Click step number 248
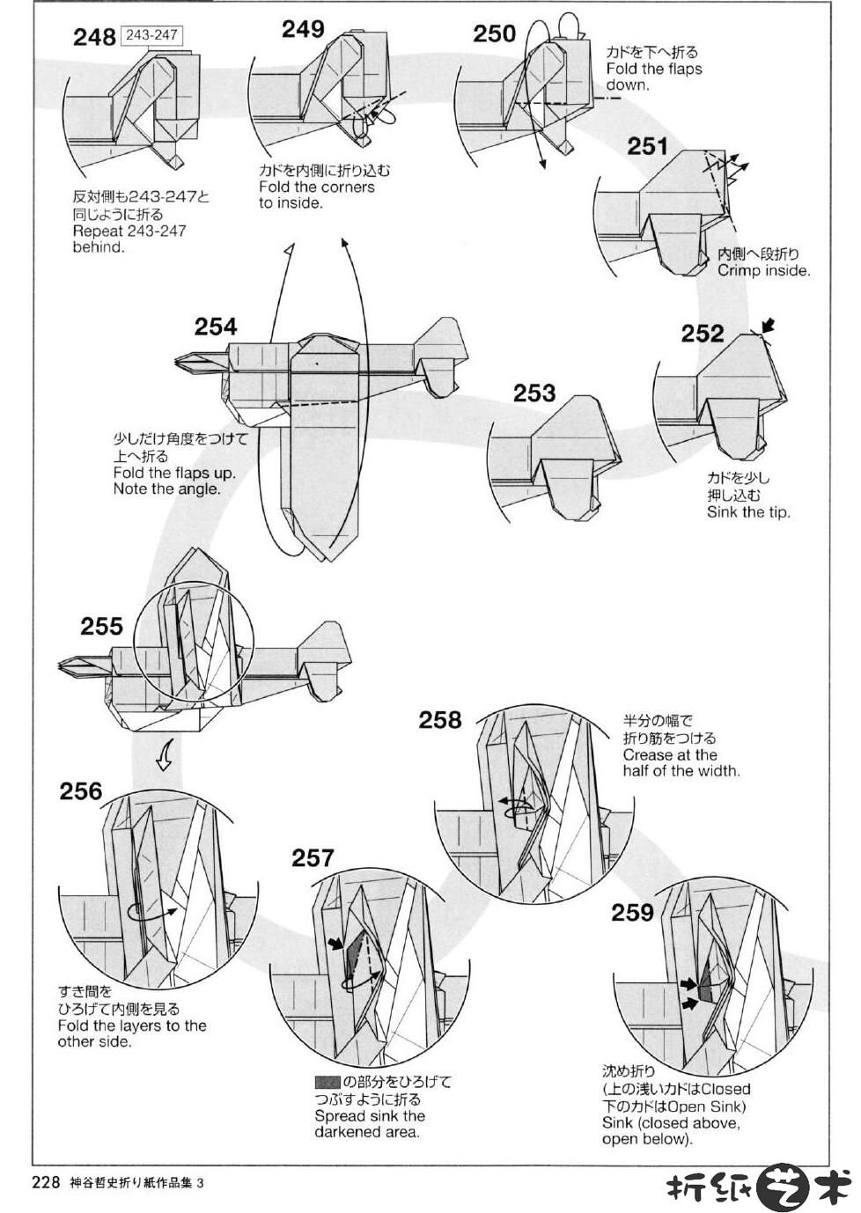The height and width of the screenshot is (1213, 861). pyautogui.click(x=94, y=37)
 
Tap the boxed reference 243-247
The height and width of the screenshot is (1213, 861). pyautogui.click(x=151, y=35)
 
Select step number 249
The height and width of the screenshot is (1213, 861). pyautogui.click(x=303, y=29)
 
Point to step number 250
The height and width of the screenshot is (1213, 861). pyautogui.click(x=494, y=33)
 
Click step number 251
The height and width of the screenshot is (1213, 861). pyautogui.click(x=648, y=145)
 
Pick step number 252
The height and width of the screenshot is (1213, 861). pyautogui.click(x=702, y=334)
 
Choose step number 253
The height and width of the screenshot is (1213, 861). pyautogui.click(x=534, y=393)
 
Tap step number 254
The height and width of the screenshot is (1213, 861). pyautogui.click(x=216, y=327)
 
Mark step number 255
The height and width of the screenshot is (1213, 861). pyautogui.click(x=101, y=626)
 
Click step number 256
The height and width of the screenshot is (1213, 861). pyautogui.click(x=81, y=791)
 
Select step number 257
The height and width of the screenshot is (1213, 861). pyautogui.click(x=313, y=857)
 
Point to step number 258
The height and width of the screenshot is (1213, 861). pyautogui.click(x=440, y=720)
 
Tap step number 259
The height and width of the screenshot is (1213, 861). pyautogui.click(x=633, y=913)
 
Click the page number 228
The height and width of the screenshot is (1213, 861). pyautogui.click(x=45, y=1183)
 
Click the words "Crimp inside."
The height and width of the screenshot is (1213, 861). pyautogui.click(x=763, y=271)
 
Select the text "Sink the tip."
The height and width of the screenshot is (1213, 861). pyautogui.click(x=748, y=512)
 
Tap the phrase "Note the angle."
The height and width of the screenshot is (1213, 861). pyautogui.click(x=166, y=489)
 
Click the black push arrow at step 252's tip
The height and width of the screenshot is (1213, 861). pyautogui.click(x=768, y=326)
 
